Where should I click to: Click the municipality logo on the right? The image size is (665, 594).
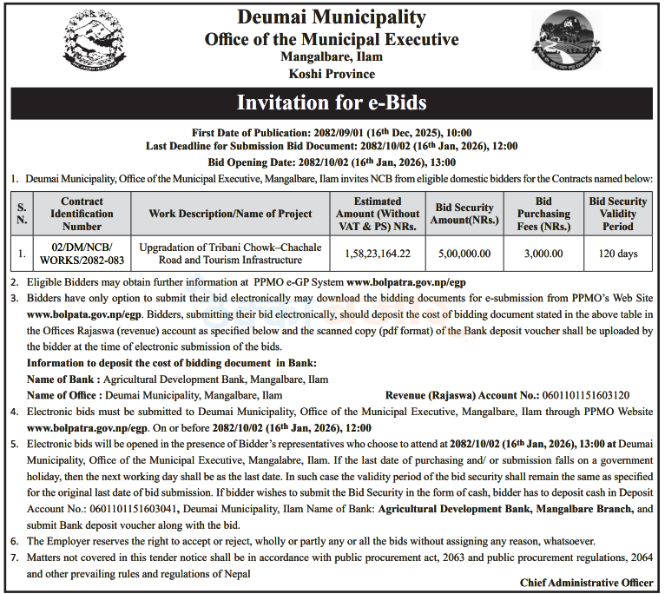click(x=565, y=44)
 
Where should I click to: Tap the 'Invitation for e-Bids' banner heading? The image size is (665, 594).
click(x=332, y=103)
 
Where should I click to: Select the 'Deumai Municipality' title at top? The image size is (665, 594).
click(x=332, y=17)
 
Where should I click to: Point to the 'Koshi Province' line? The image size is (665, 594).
click(x=332, y=74)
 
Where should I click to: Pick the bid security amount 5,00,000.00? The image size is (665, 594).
click(x=464, y=254)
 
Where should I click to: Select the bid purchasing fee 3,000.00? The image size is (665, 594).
click(x=543, y=254)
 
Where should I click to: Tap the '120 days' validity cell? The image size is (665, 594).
click(x=618, y=254)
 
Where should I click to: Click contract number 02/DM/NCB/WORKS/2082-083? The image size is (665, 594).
click(x=82, y=254)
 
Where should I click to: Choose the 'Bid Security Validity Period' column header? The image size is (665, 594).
click(x=618, y=214)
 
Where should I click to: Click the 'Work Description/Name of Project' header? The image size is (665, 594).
click(x=230, y=214)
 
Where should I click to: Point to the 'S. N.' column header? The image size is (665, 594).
click(x=23, y=214)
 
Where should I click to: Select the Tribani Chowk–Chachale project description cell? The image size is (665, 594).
click(x=230, y=254)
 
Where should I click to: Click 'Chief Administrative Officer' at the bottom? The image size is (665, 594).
click(x=586, y=582)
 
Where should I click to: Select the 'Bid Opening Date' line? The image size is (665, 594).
click(x=332, y=162)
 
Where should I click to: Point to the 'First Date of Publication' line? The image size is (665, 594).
click(x=332, y=133)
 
